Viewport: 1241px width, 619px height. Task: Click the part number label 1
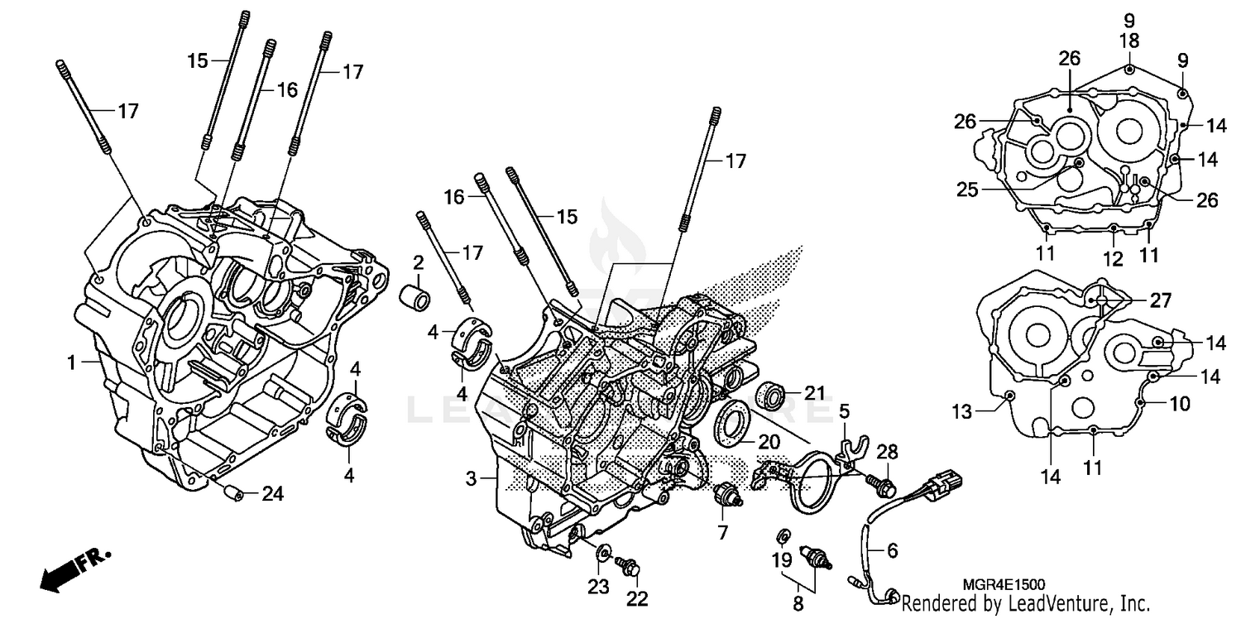point(72,362)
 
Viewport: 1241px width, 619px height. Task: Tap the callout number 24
point(273,495)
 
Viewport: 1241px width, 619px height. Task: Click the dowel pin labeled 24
point(234,495)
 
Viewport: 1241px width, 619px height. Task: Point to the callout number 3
point(471,478)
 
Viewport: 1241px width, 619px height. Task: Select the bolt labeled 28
point(879,482)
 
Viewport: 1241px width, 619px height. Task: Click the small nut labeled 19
point(782,533)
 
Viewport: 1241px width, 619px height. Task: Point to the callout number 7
point(722,530)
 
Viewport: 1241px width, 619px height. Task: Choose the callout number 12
point(1113,259)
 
